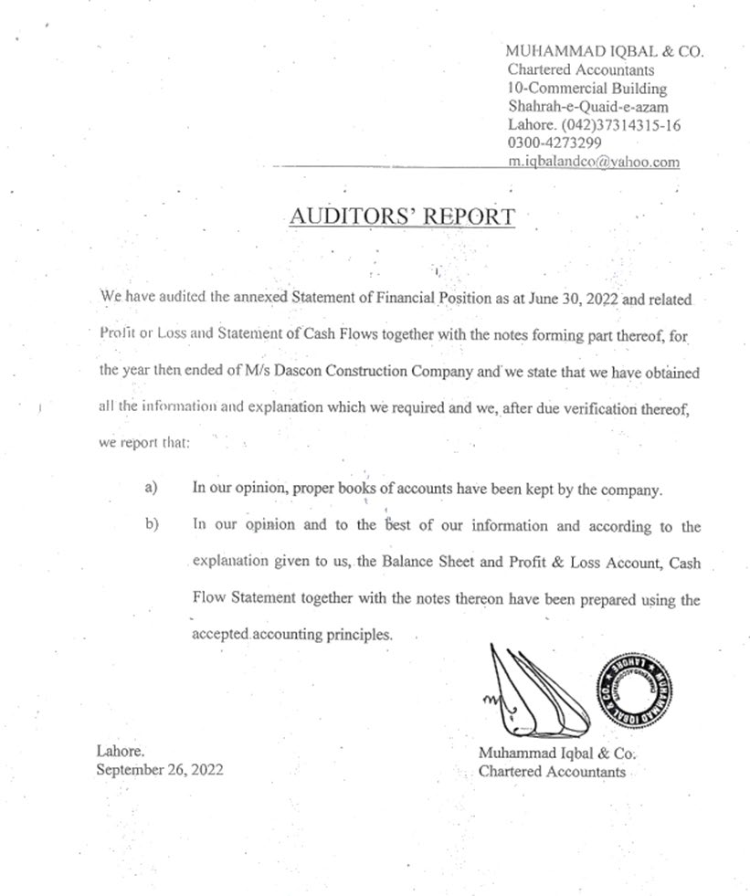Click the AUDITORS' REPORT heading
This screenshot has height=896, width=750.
[402, 216]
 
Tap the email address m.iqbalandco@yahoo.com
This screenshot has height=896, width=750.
[594, 162]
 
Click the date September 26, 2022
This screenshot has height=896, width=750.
[159, 769]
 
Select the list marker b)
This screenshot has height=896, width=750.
[152, 525]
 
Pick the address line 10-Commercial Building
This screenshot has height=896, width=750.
[586, 89]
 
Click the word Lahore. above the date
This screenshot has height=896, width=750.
[120, 751]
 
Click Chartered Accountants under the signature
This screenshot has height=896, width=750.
[553, 772]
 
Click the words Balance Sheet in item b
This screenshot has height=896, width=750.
[415, 563]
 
